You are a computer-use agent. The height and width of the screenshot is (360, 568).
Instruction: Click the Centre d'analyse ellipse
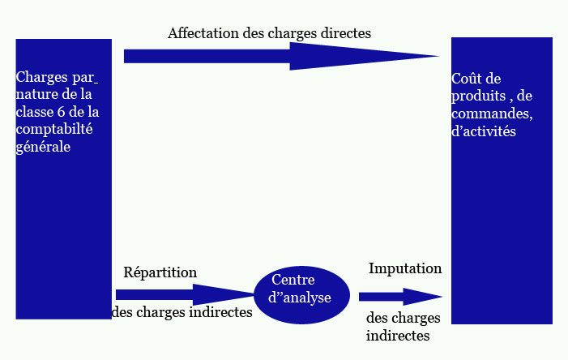[x=301, y=294]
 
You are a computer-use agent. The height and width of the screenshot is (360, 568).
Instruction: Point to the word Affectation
[x=202, y=34]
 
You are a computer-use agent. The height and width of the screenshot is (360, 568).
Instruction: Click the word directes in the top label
[x=344, y=34]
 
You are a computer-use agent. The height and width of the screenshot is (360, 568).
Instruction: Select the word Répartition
[x=160, y=272]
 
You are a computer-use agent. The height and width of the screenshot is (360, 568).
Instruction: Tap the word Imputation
[x=405, y=268]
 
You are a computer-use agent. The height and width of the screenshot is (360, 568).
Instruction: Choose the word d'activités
[x=483, y=130]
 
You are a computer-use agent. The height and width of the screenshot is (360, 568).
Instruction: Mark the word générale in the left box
[x=43, y=147]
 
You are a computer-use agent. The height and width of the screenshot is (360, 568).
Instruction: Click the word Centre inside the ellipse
[x=293, y=280]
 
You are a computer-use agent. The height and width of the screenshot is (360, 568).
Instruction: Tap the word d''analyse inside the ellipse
[x=299, y=298]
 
